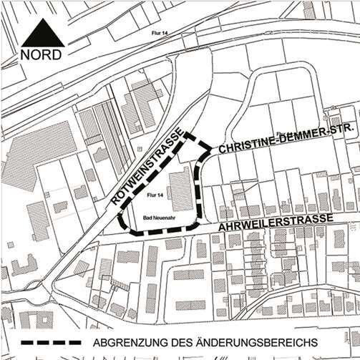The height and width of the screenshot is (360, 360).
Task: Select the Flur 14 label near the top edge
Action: [x=152, y=33]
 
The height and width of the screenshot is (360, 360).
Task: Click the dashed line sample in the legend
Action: [x=51, y=341]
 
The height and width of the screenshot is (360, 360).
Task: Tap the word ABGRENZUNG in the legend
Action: [x=127, y=341]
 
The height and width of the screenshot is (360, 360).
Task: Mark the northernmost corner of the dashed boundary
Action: [x=188, y=133]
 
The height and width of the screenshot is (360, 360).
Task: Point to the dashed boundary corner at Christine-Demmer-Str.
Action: [x=210, y=151]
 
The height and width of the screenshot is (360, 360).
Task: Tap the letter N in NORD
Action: [x=24, y=54]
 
